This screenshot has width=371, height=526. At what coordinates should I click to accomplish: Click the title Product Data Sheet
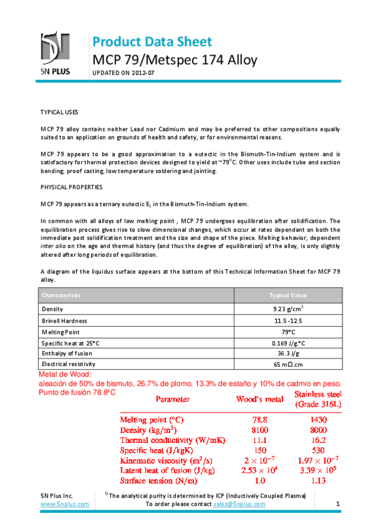(x=152, y=42)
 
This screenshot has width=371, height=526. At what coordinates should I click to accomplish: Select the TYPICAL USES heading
(x=59, y=112)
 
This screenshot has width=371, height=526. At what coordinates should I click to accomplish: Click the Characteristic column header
(x=61, y=295)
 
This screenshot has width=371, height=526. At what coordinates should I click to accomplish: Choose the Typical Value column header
(x=288, y=295)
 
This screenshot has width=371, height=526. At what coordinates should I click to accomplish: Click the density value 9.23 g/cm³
(x=288, y=308)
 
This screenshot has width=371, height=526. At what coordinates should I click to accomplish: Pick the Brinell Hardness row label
(x=64, y=321)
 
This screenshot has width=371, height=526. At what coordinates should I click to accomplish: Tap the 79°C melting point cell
(x=288, y=333)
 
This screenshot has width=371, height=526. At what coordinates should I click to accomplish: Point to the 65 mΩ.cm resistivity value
(x=288, y=363)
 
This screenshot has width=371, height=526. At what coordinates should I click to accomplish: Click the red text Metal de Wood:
(x=64, y=375)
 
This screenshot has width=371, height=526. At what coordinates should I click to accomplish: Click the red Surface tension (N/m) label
(x=159, y=480)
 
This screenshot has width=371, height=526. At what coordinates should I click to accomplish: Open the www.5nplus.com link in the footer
(x=64, y=504)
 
